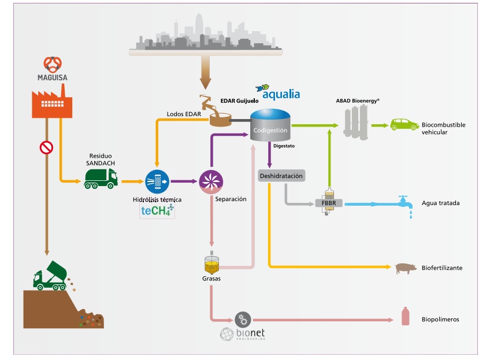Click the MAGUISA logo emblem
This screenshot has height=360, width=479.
click(x=53, y=65)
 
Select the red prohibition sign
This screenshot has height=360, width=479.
click(x=46, y=148)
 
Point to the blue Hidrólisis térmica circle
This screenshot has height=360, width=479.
click(x=157, y=181)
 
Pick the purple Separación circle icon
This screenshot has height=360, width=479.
click(x=210, y=181)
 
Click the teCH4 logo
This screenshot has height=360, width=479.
click(x=157, y=211)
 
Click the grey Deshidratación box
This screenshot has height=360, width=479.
click(x=281, y=176)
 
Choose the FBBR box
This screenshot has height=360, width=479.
click(x=328, y=203)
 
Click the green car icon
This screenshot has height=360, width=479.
click(x=404, y=124)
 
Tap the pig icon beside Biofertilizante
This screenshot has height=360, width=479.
click(x=404, y=268)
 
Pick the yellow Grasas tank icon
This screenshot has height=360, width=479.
click(x=212, y=263)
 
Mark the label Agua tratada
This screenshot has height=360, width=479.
click(x=440, y=203)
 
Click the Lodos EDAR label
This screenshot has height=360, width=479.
click(x=184, y=114)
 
